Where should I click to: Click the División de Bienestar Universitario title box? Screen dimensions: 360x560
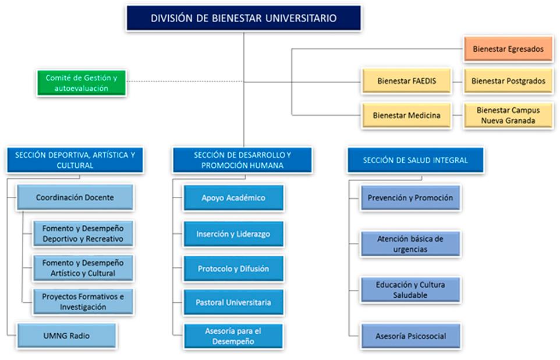(243, 18)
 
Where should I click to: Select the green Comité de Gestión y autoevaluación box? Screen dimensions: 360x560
(81, 83)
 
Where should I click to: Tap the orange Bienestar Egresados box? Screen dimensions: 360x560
(508, 49)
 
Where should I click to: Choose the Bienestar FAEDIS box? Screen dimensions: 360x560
(406, 81)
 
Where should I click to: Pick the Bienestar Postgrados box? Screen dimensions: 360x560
(508, 81)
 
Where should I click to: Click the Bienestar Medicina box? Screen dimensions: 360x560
(406, 115)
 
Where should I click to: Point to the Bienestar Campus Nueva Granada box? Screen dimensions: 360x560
(508, 115)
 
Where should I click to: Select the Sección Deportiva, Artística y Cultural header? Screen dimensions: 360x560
(75, 160)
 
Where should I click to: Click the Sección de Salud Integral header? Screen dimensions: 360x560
(415, 160)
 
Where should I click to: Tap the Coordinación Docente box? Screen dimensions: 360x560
(75, 197)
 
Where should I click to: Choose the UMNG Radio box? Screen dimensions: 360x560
(66, 336)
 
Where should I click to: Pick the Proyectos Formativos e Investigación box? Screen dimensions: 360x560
(83, 301)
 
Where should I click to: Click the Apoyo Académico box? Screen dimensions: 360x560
(233, 198)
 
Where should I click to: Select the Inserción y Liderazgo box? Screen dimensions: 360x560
(233, 234)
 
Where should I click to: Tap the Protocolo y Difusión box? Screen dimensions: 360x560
(233, 269)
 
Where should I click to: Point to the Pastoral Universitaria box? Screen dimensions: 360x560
(233, 303)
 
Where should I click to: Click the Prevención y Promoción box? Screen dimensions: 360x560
(410, 198)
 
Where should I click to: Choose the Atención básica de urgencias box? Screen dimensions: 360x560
(410, 244)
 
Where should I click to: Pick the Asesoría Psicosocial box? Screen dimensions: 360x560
(410, 336)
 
